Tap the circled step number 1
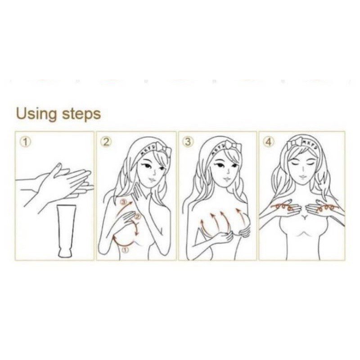click(25, 142)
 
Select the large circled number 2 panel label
click(106, 142)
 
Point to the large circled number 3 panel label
click(188, 142)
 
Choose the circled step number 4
click(268, 142)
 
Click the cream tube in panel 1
click(66, 231)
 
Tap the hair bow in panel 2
click(164, 148)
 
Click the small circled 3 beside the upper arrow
click(124, 202)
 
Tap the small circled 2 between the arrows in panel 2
click(137, 216)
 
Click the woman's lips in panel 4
click(302, 176)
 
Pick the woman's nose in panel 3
click(228, 171)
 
